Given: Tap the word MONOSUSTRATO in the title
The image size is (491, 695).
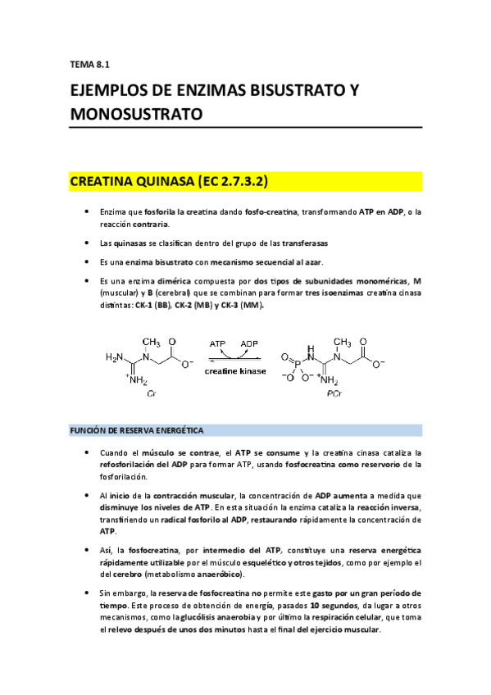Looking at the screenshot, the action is click(136, 115).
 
